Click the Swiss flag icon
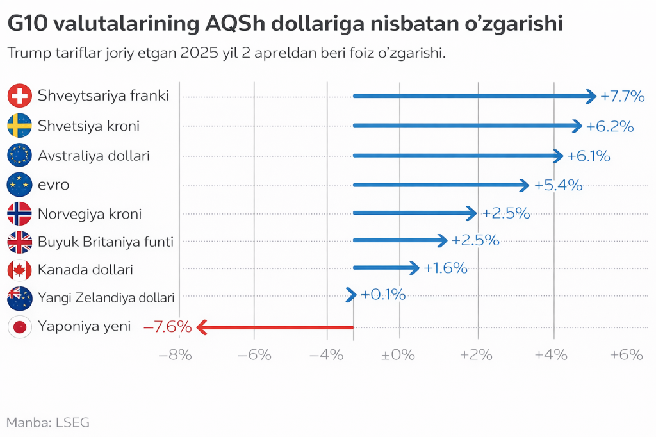point(19,96)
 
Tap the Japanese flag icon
point(19,327)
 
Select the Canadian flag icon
point(19,270)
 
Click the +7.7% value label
point(622,97)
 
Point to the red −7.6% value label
point(168,327)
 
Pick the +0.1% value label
point(383,295)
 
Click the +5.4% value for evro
point(559,185)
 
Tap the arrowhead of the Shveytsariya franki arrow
point(591,96)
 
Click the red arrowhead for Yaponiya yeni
point(202,327)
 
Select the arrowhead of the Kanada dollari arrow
point(414,268)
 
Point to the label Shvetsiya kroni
point(88,126)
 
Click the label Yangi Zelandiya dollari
point(106,297)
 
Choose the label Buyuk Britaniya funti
point(106,242)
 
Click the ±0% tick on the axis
point(398,354)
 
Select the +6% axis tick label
point(625,354)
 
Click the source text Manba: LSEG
point(48,422)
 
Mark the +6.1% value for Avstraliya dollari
point(589,156)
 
